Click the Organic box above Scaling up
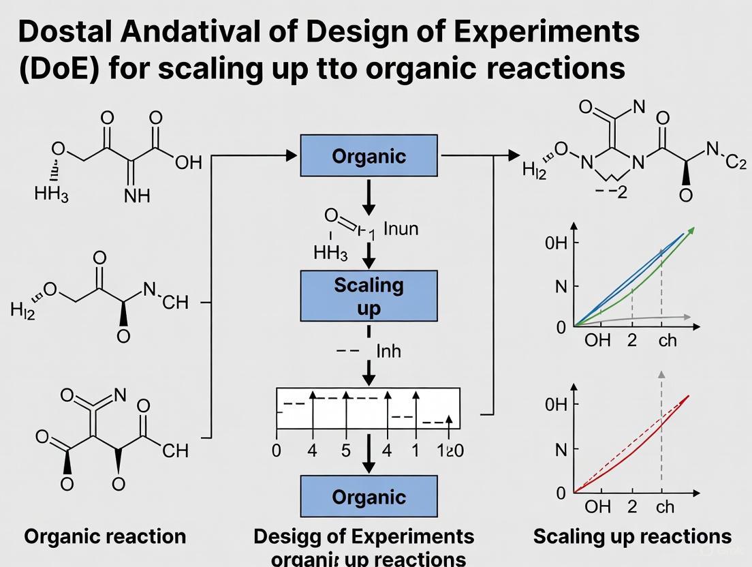coord(369,156)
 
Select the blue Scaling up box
coord(369,296)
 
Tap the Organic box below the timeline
coord(369,497)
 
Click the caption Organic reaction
coord(105,536)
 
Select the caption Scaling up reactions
coord(632,536)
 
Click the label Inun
coord(401,228)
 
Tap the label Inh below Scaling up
coord(389,351)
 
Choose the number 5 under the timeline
coord(345,450)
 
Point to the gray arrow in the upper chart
coord(654,318)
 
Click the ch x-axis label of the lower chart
coord(665,506)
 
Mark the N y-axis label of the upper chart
coord(561,286)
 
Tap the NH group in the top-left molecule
coord(137,196)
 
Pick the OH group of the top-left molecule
coord(188,162)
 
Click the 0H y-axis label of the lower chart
coord(556,405)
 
